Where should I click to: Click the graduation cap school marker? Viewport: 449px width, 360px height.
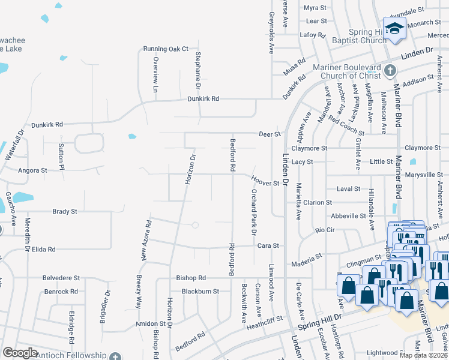click(x=394, y=28)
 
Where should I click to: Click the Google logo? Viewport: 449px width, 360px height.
click(x=20, y=353)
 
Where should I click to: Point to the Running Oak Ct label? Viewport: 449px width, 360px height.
click(x=165, y=49)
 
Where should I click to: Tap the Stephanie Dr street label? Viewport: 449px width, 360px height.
click(x=197, y=66)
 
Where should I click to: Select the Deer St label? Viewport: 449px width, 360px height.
click(x=270, y=134)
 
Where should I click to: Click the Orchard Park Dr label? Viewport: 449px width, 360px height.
click(x=254, y=212)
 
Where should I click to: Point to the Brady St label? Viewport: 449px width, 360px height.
click(x=65, y=212)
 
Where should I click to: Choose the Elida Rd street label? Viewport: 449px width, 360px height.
click(x=44, y=249)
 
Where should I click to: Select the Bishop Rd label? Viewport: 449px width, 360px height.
click(x=191, y=278)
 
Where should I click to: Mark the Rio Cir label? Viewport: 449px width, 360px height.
click(x=325, y=230)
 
